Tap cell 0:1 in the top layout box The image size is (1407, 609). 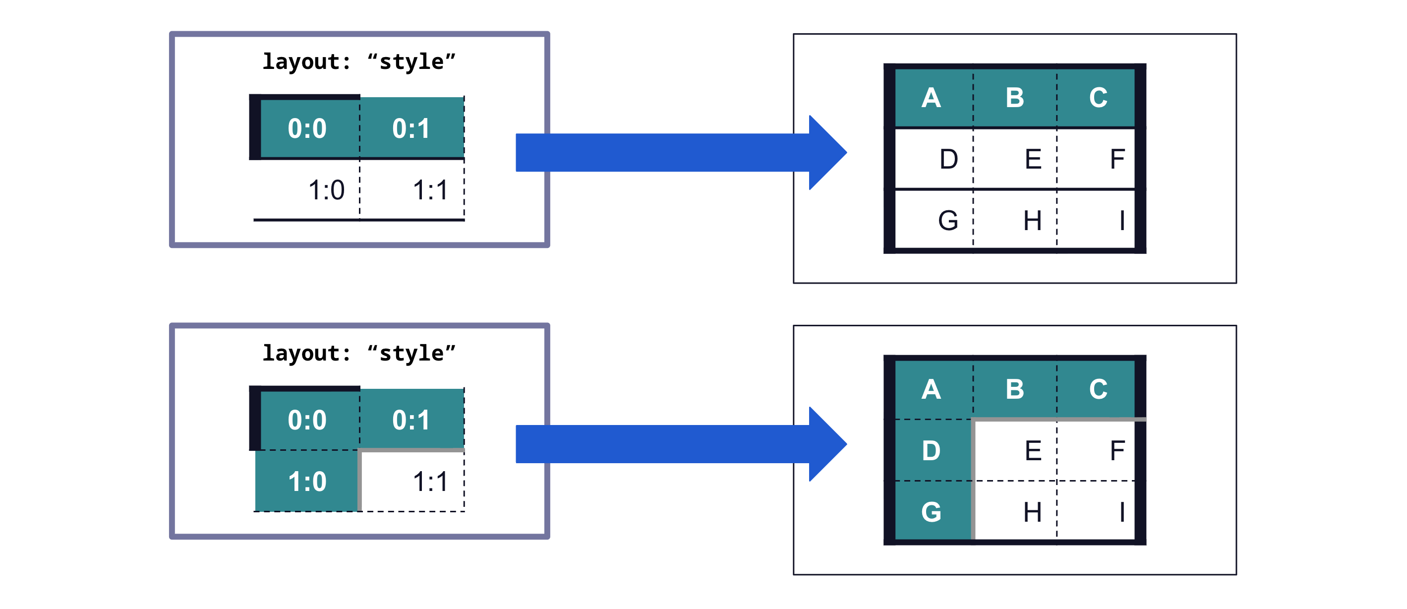point(412,128)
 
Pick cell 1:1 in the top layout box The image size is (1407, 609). point(412,189)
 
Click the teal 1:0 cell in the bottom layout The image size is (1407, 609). point(307,481)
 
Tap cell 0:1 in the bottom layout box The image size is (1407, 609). point(412,420)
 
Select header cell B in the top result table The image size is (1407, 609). point(1015,98)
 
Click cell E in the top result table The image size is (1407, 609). point(1015,159)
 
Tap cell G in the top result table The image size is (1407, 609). point(934,221)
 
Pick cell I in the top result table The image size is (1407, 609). point(1096,221)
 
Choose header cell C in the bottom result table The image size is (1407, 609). point(1097,389)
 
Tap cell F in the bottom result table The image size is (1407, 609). point(1096,451)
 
